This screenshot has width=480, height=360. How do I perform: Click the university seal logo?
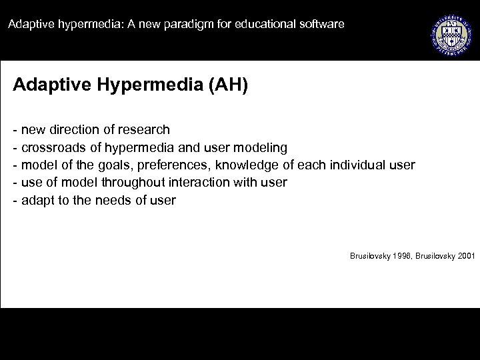tap(450, 31)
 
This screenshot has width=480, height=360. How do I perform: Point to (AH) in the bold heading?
tap(229, 85)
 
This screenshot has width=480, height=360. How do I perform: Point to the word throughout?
tap(124, 182)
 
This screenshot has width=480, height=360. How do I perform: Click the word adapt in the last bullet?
tap(37, 199)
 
